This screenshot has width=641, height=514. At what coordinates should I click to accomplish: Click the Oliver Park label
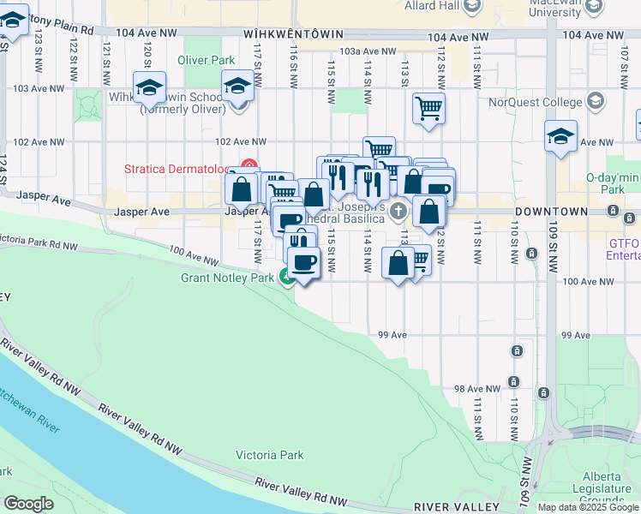click(206, 60)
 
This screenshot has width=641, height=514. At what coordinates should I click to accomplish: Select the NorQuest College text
click(536, 102)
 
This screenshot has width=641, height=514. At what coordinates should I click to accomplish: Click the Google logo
click(28, 504)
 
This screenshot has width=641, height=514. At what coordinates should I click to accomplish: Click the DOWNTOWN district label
click(551, 211)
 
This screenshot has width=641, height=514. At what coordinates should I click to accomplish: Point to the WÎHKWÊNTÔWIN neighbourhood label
click(293, 34)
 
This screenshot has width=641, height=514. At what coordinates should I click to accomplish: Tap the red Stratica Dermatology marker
click(249, 165)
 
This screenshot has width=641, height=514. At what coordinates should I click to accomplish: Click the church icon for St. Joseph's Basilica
click(398, 211)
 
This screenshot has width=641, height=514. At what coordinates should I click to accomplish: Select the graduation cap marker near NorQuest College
click(561, 137)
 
